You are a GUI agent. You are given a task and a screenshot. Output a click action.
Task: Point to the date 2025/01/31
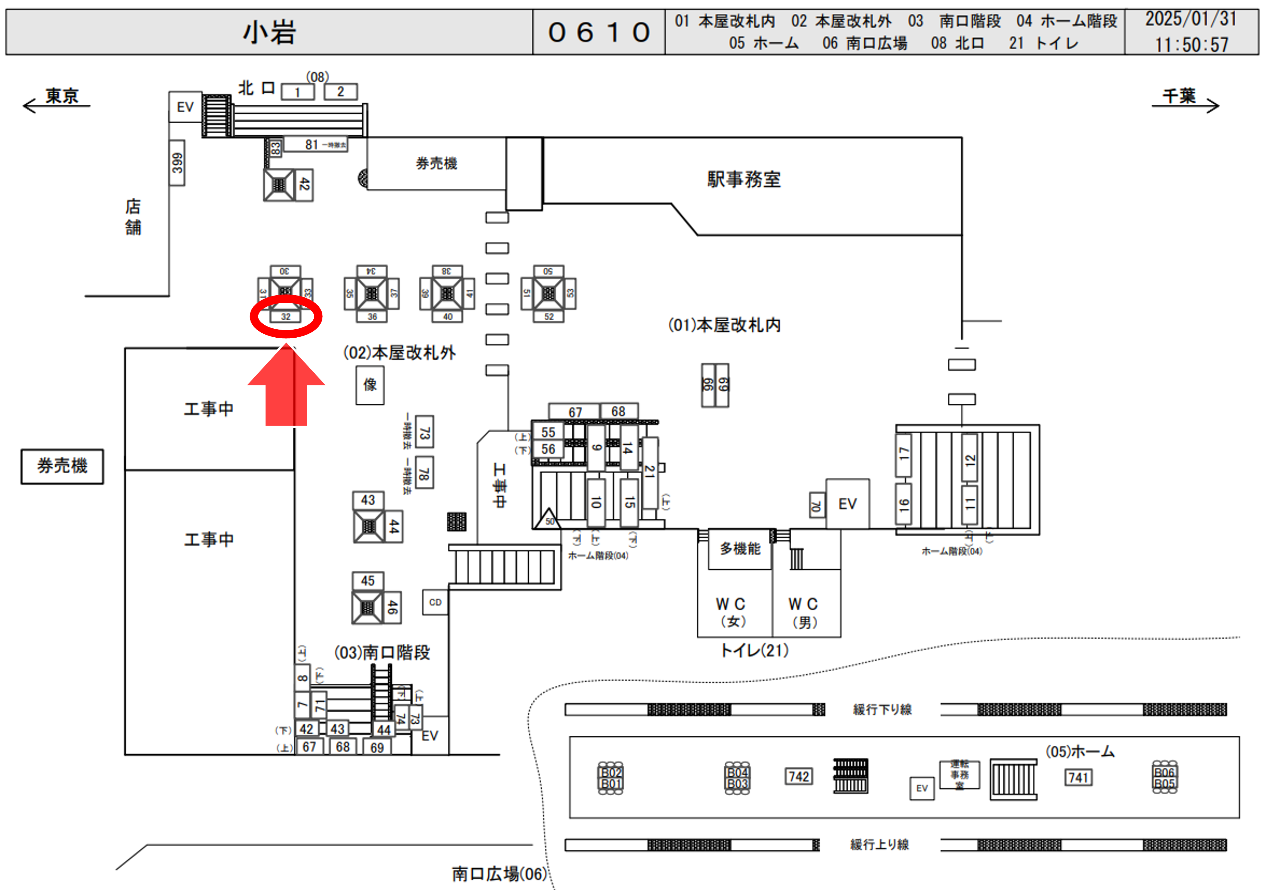pyautogui.click(x=1191, y=19)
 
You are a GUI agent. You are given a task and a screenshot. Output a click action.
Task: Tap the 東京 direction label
pyautogui.click(x=61, y=96)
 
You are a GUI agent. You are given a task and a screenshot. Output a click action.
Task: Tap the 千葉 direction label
pyautogui.click(x=1179, y=96)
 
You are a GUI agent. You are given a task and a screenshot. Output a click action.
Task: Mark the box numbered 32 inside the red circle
pyautogui.click(x=286, y=317)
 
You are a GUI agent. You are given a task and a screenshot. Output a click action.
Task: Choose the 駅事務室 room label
pyautogui.click(x=744, y=179)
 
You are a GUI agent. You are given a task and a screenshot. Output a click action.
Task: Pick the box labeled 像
pyautogui.click(x=369, y=384)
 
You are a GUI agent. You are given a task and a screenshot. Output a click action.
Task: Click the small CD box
pyautogui.click(x=435, y=602)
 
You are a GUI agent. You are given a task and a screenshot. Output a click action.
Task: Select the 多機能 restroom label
pyautogui.click(x=740, y=549)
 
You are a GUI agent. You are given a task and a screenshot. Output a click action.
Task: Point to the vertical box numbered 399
pyautogui.click(x=177, y=163)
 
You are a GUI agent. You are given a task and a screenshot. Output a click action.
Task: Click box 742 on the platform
pyautogui.click(x=798, y=776)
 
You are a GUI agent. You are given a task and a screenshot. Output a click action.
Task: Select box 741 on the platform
pyautogui.click(x=1078, y=778)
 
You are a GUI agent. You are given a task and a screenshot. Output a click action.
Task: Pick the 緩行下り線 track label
pyautogui.click(x=882, y=709)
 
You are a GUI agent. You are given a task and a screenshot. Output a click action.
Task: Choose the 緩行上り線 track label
pyautogui.click(x=880, y=844)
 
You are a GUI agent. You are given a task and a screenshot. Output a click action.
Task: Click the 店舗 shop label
pyautogui.click(x=133, y=217)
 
